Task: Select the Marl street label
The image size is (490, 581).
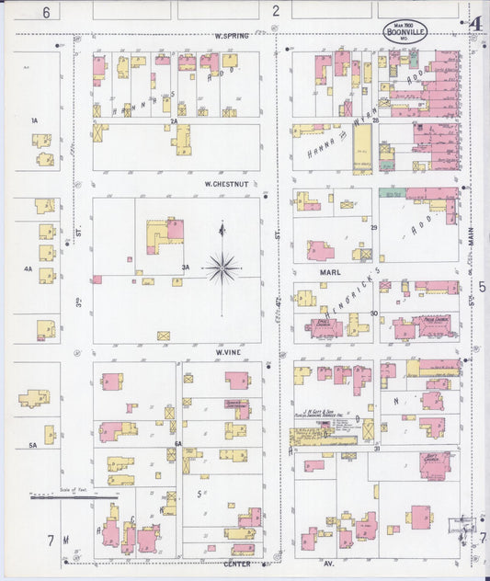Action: (330, 273)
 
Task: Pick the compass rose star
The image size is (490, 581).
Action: (222, 268)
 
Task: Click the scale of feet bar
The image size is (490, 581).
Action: (74, 497)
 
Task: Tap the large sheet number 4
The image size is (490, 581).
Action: (475, 24)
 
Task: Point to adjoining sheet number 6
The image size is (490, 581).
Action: (44, 11)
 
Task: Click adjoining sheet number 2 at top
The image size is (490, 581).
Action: (275, 11)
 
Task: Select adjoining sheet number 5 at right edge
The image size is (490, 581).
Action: (482, 287)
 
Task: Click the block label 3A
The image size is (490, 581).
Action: (186, 268)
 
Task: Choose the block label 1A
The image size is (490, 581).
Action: (34, 120)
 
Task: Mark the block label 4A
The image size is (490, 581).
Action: (28, 269)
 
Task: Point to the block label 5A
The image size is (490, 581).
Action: (31, 445)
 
